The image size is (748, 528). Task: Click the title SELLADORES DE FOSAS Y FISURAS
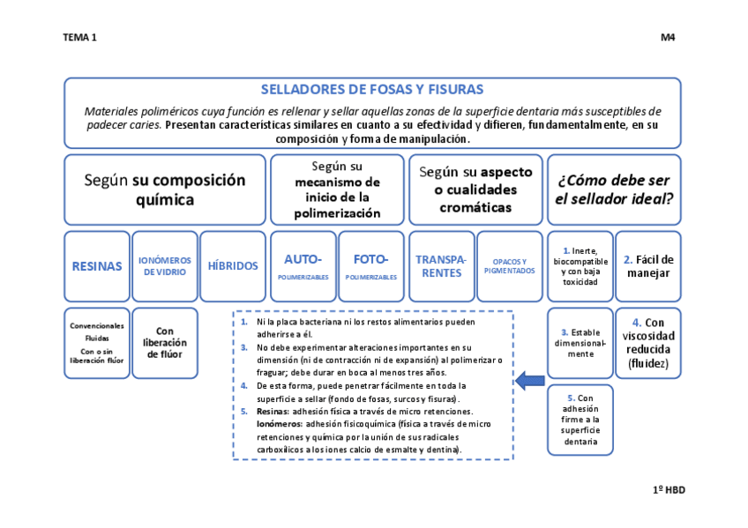371,90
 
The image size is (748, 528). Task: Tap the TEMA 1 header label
80,38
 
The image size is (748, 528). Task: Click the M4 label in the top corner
668,38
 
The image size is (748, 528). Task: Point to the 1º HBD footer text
669,489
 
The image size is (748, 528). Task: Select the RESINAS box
97,265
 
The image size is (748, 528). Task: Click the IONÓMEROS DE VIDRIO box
165,265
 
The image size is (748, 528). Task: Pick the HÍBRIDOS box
233,265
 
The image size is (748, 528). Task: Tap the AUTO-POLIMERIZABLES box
303,265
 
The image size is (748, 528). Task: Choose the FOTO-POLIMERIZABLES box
370,265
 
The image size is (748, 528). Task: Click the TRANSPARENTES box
441,265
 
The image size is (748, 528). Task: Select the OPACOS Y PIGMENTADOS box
509,265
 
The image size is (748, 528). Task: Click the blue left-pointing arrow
530,381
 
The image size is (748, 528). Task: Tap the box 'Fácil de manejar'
648,265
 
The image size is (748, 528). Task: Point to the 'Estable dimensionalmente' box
580,342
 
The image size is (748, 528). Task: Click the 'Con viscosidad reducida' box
648,342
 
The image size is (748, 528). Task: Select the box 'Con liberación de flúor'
165,342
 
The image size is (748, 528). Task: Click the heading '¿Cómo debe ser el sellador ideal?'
614,190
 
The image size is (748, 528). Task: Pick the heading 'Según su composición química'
165,190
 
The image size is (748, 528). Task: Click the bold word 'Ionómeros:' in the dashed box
279,424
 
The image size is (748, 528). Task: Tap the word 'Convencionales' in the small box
97,325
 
